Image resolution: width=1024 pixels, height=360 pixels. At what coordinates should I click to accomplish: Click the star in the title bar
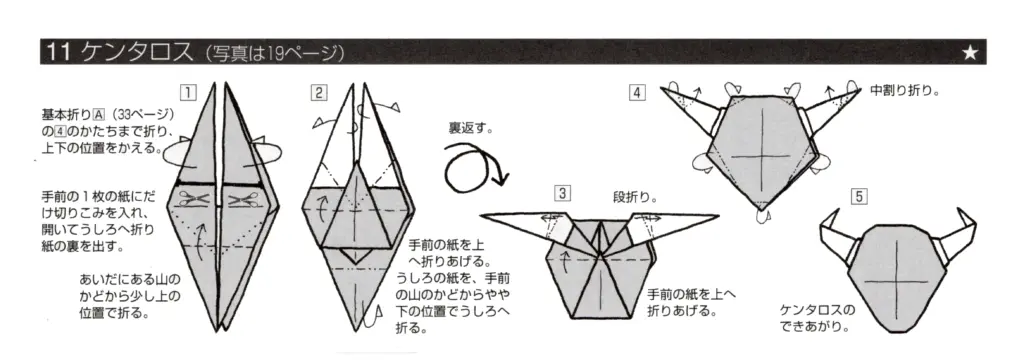(969, 52)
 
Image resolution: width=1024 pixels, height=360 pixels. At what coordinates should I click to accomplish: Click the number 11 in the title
(56, 52)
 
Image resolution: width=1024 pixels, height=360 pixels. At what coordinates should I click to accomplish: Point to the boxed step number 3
(564, 194)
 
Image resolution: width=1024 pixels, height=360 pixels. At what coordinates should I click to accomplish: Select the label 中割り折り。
(904, 91)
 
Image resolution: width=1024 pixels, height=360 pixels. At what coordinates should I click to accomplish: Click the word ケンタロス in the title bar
(131, 52)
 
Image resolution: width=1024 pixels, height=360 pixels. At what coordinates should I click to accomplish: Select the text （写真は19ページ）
(271, 52)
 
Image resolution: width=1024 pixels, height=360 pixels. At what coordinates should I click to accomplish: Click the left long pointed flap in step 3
(520, 217)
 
